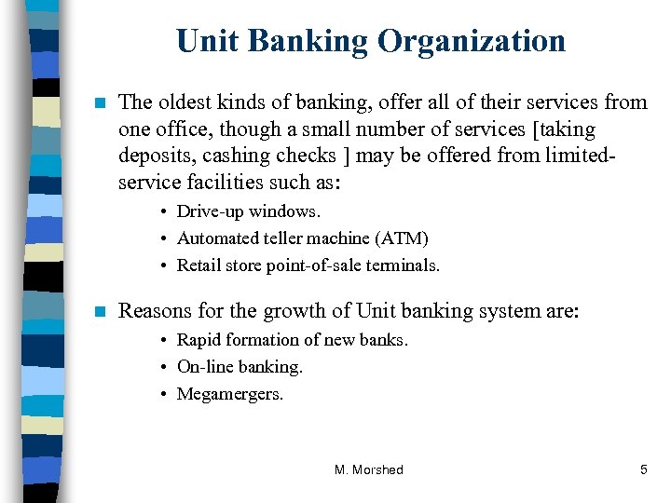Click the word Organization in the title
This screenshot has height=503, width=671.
pyautogui.click(x=471, y=41)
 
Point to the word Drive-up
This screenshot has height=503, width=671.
pyautogui.click(x=211, y=211)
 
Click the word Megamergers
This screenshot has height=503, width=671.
pyautogui.click(x=230, y=394)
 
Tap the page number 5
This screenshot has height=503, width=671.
pyautogui.click(x=643, y=469)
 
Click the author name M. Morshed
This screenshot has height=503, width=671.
pyautogui.click(x=369, y=469)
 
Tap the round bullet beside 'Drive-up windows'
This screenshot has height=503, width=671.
pyautogui.click(x=164, y=212)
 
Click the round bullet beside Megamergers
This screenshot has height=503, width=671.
pyautogui.click(x=164, y=395)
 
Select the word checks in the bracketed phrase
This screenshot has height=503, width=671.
pyautogui.click(x=308, y=155)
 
